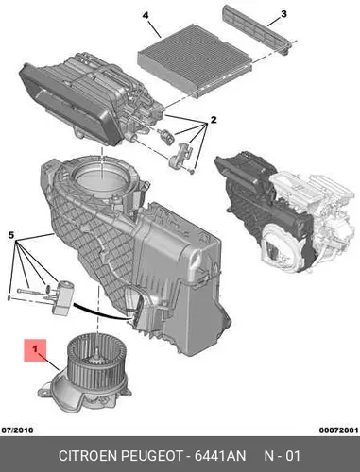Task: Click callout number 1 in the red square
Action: click(x=35, y=348)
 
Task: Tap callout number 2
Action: click(x=214, y=120)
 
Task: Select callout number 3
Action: click(x=283, y=14)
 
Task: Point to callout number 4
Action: click(x=146, y=15)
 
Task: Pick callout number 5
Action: click(x=11, y=235)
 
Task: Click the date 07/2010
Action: click(x=17, y=430)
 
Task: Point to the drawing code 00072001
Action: click(x=338, y=430)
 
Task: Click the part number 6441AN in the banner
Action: click(x=219, y=456)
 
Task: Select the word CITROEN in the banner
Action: click(x=88, y=456)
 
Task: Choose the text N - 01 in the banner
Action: click(x=282, y=456)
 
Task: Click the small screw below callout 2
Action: click(x=192, y=171)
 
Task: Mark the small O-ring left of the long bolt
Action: click(x=9, y=297)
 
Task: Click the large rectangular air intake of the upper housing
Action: click(x=68, y=104)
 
